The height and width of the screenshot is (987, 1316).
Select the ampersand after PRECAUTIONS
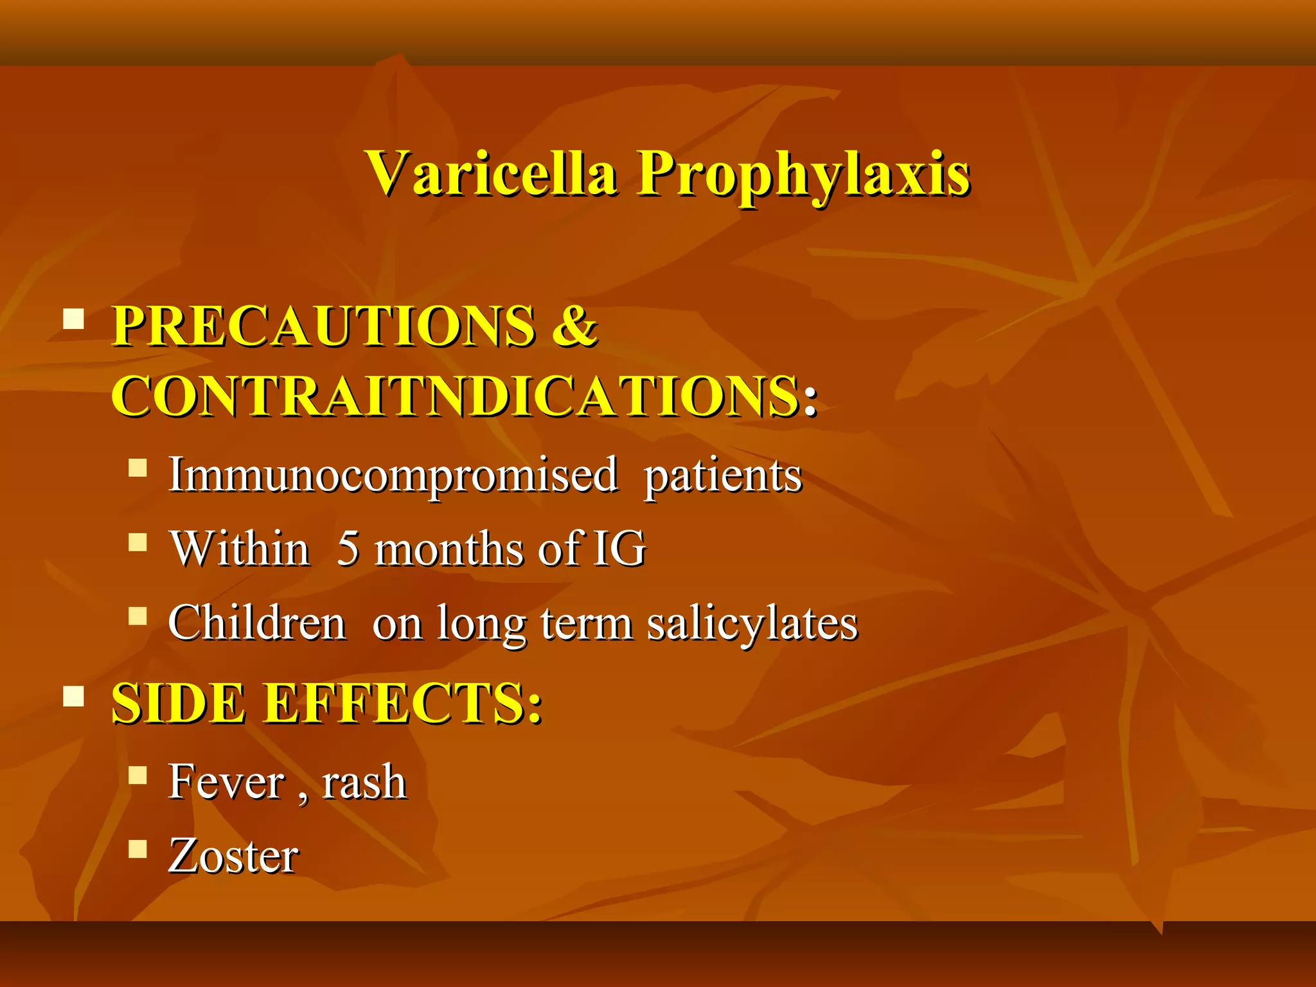click(x=574, y=326)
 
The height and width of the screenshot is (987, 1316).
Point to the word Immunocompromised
click(x=393, y=476)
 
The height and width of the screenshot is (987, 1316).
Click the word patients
click(x=723, y=477)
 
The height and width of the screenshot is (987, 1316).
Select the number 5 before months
click(x=348, y=549)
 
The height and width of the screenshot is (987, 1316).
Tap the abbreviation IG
click(x=618, y=549)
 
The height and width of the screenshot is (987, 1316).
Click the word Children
click(x=257, y=623)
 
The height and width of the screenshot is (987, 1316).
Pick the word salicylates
click(x=752, y=624)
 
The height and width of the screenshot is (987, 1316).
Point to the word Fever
click(x=226, y=782)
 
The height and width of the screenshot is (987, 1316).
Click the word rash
click(x=364, y=782)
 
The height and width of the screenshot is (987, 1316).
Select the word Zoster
click(x=233, y=856)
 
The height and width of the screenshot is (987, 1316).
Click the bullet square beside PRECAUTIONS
click(x=74, y=319)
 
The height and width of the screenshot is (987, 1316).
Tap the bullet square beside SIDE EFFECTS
click(x=74, y=696)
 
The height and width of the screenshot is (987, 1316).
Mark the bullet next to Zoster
click(x=138, y=849)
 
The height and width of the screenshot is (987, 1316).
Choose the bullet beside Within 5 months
click(x=138, y=542)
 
